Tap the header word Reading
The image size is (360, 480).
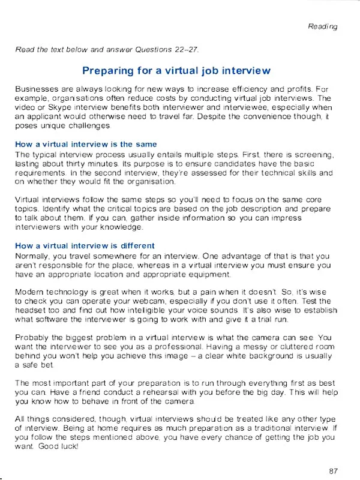(323, 26)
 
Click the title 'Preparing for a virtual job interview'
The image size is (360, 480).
(176, 71)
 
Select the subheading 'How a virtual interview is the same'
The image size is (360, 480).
(86, 144)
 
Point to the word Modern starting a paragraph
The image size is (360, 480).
(28, 292)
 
